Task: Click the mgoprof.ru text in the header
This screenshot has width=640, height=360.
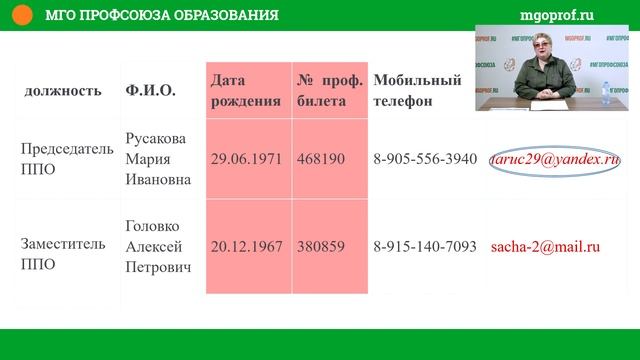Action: [x=558, y=15]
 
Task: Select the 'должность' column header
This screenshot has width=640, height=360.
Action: [x=62, y=91]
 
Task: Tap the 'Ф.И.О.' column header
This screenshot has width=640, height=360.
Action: [x=151, y=91]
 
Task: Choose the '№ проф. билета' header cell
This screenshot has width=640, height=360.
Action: [x=328, y=90]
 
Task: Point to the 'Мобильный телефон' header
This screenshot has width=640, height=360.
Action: [x=416, y=90]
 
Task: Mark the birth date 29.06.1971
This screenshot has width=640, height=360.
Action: [x=247, y=159]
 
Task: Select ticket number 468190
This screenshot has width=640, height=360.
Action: [x=321, y=159]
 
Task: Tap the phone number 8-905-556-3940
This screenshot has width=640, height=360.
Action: [x=425, y=159]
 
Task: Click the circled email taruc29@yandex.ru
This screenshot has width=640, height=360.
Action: [x=555, y=159]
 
